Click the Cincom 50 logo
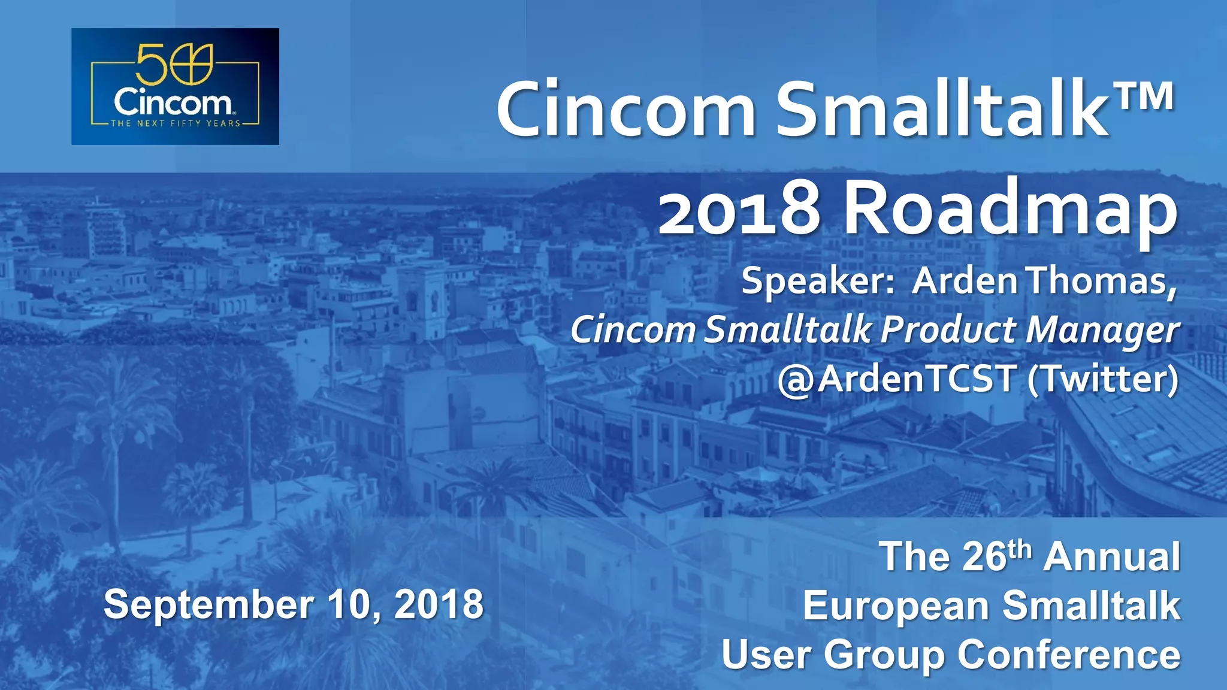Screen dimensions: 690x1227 [x=175, y=86]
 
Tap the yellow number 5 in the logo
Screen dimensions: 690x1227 [x=147, y=64]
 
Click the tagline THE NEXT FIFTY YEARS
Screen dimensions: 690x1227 [x=175, y=123]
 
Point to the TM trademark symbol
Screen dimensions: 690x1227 [x=1145, y=97]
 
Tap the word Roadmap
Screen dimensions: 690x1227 [x=1011, y=210]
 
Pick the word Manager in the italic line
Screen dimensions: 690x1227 [x=1102, y=331]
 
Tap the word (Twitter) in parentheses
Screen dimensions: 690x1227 [x=1102, y=379]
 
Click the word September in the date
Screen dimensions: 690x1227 [x=208, y=605]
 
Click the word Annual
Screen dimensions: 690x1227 [x=1111, y=556]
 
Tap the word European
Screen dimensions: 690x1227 [x=896, y=606]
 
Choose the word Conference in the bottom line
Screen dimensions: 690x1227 [x=1069, y=654]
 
